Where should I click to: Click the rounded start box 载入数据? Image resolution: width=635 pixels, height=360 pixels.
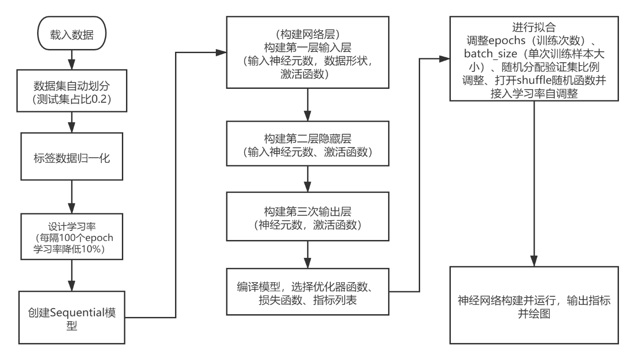(72, 35)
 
